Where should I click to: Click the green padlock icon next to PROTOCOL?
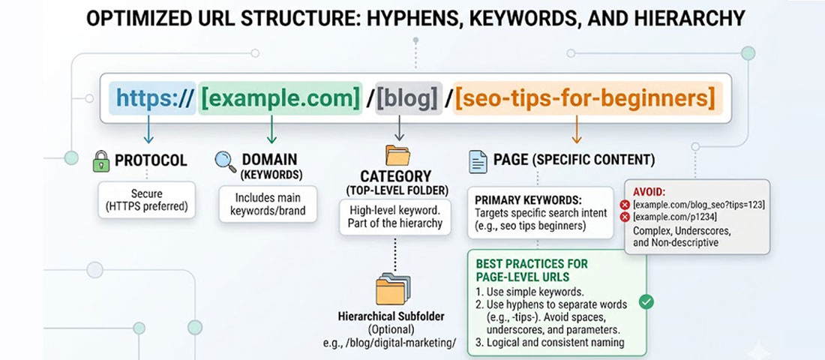coord(100,160)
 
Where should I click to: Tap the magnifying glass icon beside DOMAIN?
coord(225,160)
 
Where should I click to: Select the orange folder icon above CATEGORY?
coord(397,155)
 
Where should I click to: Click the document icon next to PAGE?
coord(477,160)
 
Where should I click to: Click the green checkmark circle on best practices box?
coord(646,301)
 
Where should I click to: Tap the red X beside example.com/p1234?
coord(624,217)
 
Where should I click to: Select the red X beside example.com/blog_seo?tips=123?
coord(624,205)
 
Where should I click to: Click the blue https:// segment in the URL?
coord(153,97)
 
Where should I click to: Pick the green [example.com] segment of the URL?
coord(279,97)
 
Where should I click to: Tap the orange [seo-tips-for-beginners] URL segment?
coord(584,97)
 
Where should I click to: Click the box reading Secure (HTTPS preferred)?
coord(147,200)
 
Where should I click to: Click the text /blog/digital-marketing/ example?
coord(397,343)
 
